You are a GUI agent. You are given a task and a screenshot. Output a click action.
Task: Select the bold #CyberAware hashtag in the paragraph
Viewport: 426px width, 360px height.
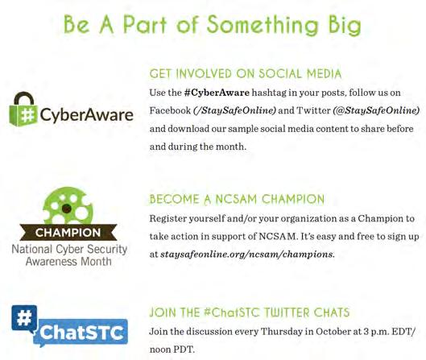(x=217, y=93)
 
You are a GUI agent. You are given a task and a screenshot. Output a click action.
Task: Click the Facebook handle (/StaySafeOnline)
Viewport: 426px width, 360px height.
(x=234, y=110)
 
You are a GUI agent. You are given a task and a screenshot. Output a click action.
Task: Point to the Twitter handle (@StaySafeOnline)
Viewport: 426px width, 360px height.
(x=376, y=110)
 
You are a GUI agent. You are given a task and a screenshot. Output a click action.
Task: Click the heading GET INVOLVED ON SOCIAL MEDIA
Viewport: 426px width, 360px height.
(x=246, y=73)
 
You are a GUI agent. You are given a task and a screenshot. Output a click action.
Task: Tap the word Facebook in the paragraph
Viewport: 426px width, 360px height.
(x=170, y=110)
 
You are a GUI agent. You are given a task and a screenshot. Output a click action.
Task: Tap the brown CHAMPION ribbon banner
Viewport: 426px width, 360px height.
(x=68, y=232)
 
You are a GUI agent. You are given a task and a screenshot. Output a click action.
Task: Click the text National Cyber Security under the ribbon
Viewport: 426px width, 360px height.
(x=69, y=249)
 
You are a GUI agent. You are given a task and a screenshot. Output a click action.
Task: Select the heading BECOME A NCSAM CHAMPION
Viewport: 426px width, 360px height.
(x=237, y=199)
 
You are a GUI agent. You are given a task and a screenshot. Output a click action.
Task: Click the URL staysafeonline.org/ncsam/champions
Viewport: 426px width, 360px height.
(x=246, y=254)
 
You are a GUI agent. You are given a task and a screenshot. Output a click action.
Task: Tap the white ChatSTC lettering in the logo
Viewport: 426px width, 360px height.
(x=81, y=333)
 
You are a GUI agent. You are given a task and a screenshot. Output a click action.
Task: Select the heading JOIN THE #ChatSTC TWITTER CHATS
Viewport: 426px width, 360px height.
(x=249, y=312)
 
